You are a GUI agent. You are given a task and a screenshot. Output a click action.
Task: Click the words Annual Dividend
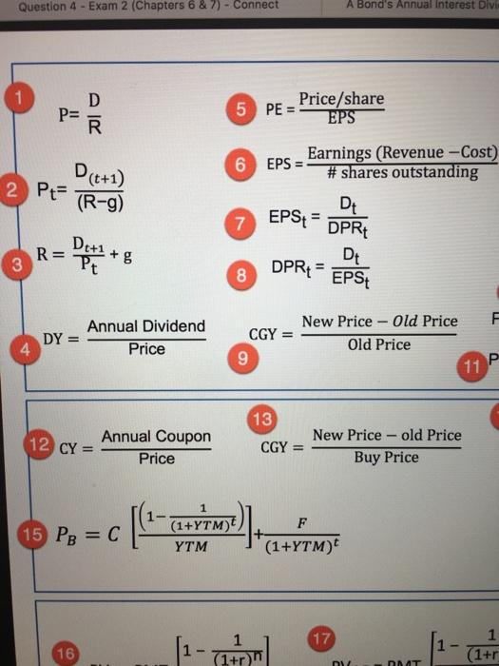[x=146, y=327]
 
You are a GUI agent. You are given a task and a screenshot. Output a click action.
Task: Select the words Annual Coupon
[x=156, y=437]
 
